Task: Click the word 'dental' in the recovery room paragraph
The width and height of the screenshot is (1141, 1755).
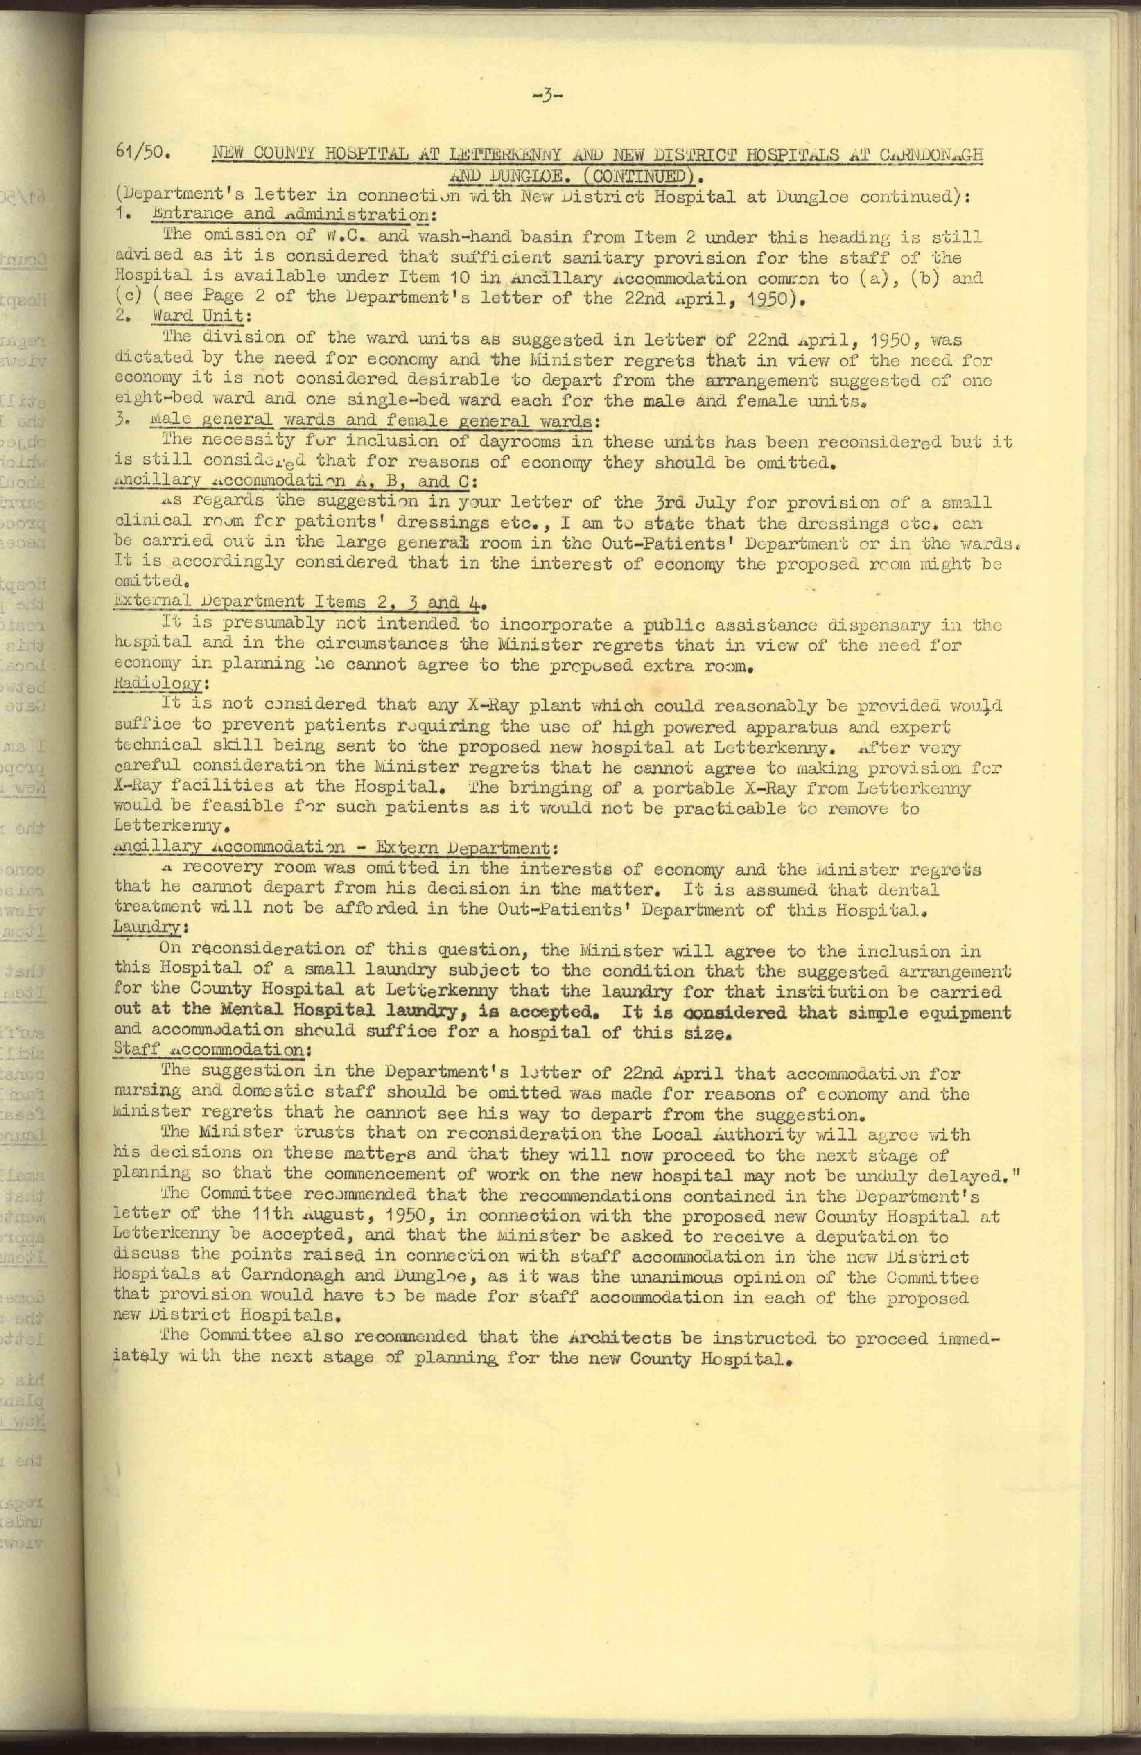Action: click(909, 889)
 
